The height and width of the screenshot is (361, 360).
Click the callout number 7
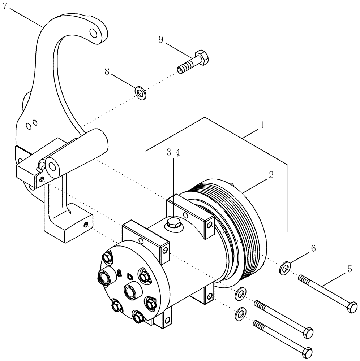pos(5,7)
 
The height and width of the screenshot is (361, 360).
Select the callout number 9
pos(161,39)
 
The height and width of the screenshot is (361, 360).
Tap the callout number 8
pos(107,71)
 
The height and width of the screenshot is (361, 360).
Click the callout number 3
pos(169,152)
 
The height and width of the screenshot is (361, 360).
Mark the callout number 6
pos(313,248)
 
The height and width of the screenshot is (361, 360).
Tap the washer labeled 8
pos(140,92)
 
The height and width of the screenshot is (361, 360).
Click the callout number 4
pos(178,152)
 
